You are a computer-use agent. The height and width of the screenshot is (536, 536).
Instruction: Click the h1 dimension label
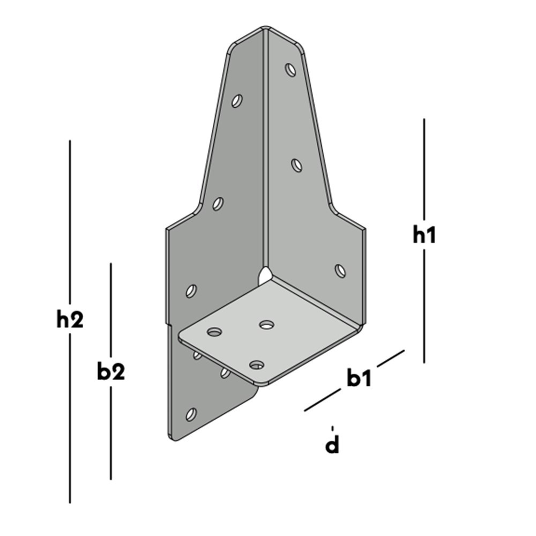(x=424, y=235)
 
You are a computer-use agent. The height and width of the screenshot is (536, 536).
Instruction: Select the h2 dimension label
(x=70, y=320)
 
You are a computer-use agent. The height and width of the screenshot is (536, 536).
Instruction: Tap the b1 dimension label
(x=359, y=378)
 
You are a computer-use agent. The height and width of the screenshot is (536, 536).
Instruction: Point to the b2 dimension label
(x=110, y=371)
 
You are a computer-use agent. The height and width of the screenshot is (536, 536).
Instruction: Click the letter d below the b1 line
(x=333, y=445)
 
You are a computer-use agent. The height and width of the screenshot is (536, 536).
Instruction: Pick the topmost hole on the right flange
(x=291, y=70)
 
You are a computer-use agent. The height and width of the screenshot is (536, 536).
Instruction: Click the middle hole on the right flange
(x=296, y=165)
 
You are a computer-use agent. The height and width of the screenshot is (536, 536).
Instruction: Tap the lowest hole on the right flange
(x=340, y=271)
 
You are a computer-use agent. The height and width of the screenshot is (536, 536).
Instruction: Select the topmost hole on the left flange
(x=237, y=100)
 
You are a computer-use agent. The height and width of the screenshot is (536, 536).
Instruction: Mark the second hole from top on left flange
(x=218, y=204)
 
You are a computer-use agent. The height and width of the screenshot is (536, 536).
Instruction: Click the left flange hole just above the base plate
(x=191, y=291)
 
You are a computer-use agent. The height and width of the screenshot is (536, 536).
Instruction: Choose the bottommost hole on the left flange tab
(x=190, y=414)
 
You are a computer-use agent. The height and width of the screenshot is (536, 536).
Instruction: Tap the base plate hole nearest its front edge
(x=257, y=365)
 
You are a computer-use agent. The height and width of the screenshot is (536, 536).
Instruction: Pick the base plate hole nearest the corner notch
(x=266, y=324)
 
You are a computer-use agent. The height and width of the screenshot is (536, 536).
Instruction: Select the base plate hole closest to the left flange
(x=214, y=332)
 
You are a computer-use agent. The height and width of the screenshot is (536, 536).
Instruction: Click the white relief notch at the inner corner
(x=264, y=277)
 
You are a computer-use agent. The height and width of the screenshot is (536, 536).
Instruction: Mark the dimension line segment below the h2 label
(x=70, y=418)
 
